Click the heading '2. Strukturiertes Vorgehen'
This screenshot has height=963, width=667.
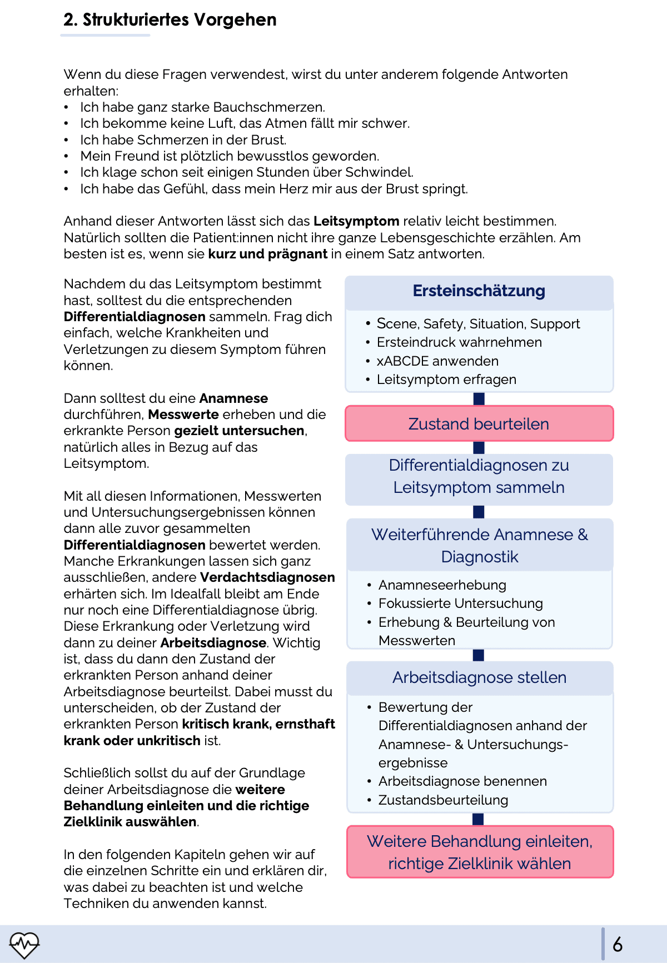pyautogui.click(x=170, y=20)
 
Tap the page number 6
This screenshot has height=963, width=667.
pyautogui.click(x=618, y=944)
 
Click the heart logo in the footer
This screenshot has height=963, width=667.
pyautogui.click(x=24, y=944)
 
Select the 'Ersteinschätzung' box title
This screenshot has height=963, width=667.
pyautogui.click(x=479, y=291)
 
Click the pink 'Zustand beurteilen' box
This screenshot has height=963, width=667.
pyautogui.click(x=479, y=424)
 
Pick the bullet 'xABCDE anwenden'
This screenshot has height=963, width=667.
pyautogui.click(x=437, y=361)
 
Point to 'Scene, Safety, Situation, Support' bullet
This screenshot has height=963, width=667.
pyautogui.click(x=478, y=324)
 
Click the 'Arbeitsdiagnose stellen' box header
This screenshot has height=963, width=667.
pyautogui.click(x=479, y=677)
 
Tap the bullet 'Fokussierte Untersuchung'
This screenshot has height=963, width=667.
pyautogui.click(x=460, y=603)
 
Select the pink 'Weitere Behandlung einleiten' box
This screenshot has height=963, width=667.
pyautogui.click(x=480, y=852)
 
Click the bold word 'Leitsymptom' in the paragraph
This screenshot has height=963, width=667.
pyautogui.click(x=356, y=221)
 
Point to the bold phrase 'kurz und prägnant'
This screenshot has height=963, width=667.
pyautogui.click(x=267, y=254)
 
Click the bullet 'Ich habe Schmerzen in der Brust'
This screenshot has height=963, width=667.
pyautogui.click(x=183, y=140)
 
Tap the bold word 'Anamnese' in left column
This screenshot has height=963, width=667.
pyautogui.click(x=233, y=398)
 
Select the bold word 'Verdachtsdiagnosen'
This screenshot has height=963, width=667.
pyautogui.click(x=267, y=577)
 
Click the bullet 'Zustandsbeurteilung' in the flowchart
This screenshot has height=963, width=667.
pyautogui.click(x=443, y=800)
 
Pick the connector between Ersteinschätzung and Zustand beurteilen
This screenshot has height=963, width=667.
pyautogui.click(x=479, y=399)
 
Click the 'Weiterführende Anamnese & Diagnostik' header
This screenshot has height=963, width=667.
pyautogui.click(x=479, y=545)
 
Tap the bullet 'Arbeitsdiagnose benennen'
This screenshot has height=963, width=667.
pyautogui.click(x=462, y=781)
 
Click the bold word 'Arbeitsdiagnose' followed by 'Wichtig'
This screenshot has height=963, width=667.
pyautogui.click(x=213, y=643)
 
